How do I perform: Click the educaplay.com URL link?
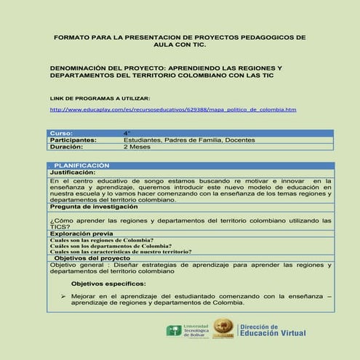click(173, 110)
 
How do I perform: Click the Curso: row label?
click(61, 133)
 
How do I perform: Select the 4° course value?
click(127, 133)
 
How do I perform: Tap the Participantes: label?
click(73, 140)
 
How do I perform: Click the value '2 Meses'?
click(137, 146)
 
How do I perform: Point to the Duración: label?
click(67, 146)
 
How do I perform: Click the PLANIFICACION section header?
click(81, 166)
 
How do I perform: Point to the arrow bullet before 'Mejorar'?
click(64, 297)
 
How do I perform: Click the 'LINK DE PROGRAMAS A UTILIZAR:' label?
click(100, 97)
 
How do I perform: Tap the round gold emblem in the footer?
click(223, 330)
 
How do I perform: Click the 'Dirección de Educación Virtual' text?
click(272, 331)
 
